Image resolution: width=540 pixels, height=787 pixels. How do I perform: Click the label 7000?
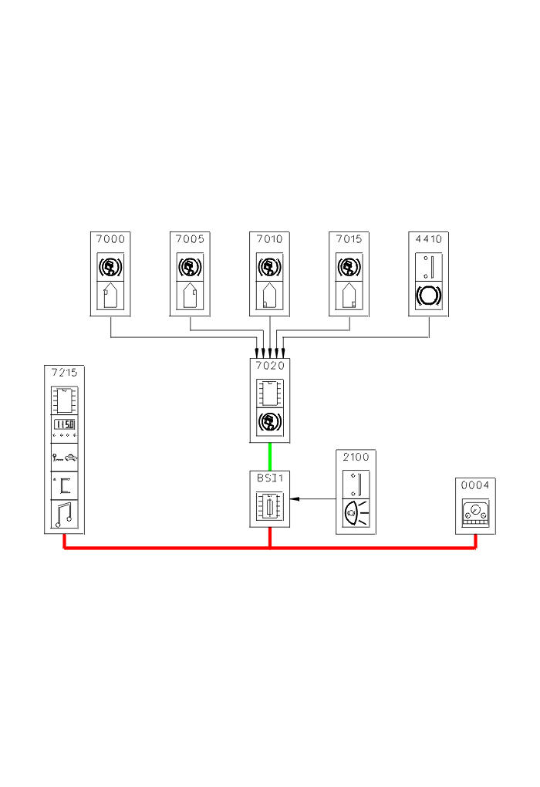pyautogui.click(x=110, y=239)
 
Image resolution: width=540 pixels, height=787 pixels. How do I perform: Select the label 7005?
pyautogui.click(x=190, y=239)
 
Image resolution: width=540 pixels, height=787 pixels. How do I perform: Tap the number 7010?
pyautogui.click(x=269, y=239)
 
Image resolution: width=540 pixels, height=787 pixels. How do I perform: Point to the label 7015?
pyautogui.click(x=349, y=239)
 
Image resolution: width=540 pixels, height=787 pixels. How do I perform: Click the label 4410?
pyautogui.click(x=429, y=239)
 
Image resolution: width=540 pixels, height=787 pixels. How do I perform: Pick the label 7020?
pyautogui.click(x=269, y=366)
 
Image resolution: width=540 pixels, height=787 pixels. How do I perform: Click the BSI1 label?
pyautogui.click(x=269, y=478)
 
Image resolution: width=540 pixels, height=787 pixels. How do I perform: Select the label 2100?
pyautogui.click(x=356, y=457)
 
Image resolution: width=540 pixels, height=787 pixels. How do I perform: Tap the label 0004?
pyautogui.click(x=475, y=485)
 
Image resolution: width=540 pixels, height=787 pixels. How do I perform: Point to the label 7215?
pyautogui.click(x=64, y=373)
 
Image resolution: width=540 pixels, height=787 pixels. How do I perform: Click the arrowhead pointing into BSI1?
pyautogui.click(x=294, y=499)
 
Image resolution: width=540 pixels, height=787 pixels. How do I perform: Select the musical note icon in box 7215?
pyautogui.click(x=64, y=515)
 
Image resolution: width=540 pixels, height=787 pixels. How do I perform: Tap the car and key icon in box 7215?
pyautogui.click(x=64, y=458)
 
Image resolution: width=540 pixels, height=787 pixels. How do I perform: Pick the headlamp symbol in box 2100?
pyautogui.click(x=356, y=512)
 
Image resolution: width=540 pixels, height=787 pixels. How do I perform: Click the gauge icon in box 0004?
pyautogui.click(x=475, y=512)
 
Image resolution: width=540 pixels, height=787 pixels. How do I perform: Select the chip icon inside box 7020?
pyautogui.click(x=269, y=392)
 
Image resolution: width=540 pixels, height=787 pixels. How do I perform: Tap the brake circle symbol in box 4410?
pyautogui.click(x=429, y=296)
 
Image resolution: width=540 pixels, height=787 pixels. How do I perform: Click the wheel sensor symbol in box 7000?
pyautogui.click(x=110, y=267)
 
